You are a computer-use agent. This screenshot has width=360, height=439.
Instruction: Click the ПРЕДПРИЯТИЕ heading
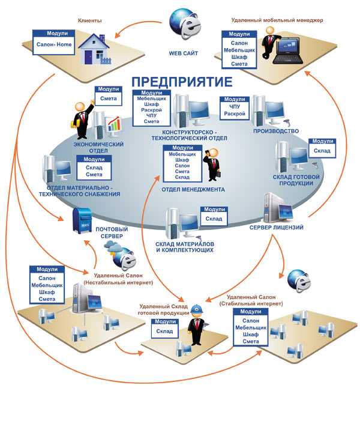tap(182, 82)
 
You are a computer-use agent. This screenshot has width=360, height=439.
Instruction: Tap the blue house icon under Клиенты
tap(95, 49)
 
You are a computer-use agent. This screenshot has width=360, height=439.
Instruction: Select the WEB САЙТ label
tap(183, 53)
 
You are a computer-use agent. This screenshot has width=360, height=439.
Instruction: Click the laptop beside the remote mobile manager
tap(288, 51)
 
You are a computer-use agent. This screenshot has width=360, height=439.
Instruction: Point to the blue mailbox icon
tap(82, 220)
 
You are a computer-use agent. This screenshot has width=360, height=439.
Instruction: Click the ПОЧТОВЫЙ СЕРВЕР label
tap(112, 232)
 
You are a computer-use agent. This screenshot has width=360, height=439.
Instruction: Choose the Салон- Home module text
tap(54, 44)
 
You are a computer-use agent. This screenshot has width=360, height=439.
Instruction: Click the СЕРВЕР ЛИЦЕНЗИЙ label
tap(276, 228)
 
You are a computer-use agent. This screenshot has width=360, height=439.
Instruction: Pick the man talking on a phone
tap(212, 165)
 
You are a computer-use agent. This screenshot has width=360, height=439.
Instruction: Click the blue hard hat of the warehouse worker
tap(198, 309)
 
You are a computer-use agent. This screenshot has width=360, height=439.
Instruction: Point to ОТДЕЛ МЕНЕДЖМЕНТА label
tap(193, 190)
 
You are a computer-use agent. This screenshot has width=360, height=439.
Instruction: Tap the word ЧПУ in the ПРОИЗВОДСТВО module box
tap(235, 107)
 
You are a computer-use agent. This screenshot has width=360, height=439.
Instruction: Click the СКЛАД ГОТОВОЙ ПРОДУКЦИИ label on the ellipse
tap(296, 180)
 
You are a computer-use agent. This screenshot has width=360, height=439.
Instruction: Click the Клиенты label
tap(89, 20)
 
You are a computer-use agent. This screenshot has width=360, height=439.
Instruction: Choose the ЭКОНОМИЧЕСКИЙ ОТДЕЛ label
tap(98, 148)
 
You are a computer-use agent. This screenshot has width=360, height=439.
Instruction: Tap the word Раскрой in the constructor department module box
tap(151, 110)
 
